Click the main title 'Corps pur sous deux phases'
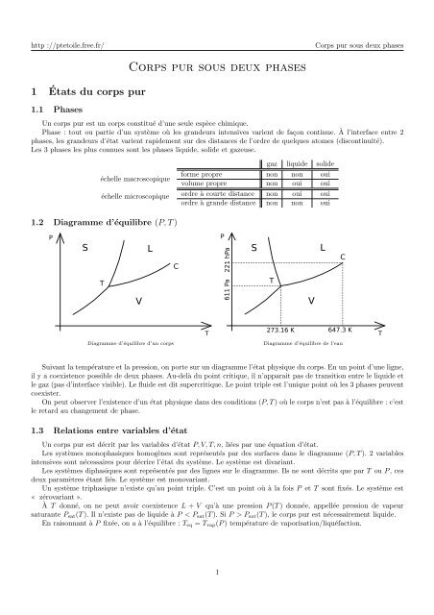click(x=216, y=68)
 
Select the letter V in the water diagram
click(x=310, y=301)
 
